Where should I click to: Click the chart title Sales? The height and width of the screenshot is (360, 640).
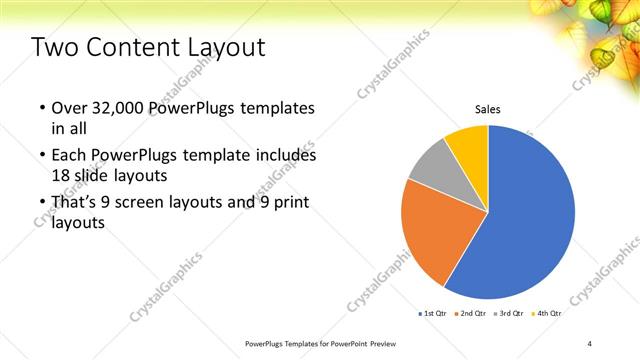coord(487,109)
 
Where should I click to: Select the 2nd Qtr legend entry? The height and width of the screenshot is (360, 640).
coord(471,314)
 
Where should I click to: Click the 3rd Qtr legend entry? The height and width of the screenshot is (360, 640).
coord(510,314)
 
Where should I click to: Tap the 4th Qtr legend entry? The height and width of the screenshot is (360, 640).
coord(549,314)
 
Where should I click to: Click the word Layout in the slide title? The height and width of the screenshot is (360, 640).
coord(221,47)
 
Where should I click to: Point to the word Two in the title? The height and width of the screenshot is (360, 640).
coord(53,47)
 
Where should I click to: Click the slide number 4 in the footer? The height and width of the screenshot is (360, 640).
coord(590,344)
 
